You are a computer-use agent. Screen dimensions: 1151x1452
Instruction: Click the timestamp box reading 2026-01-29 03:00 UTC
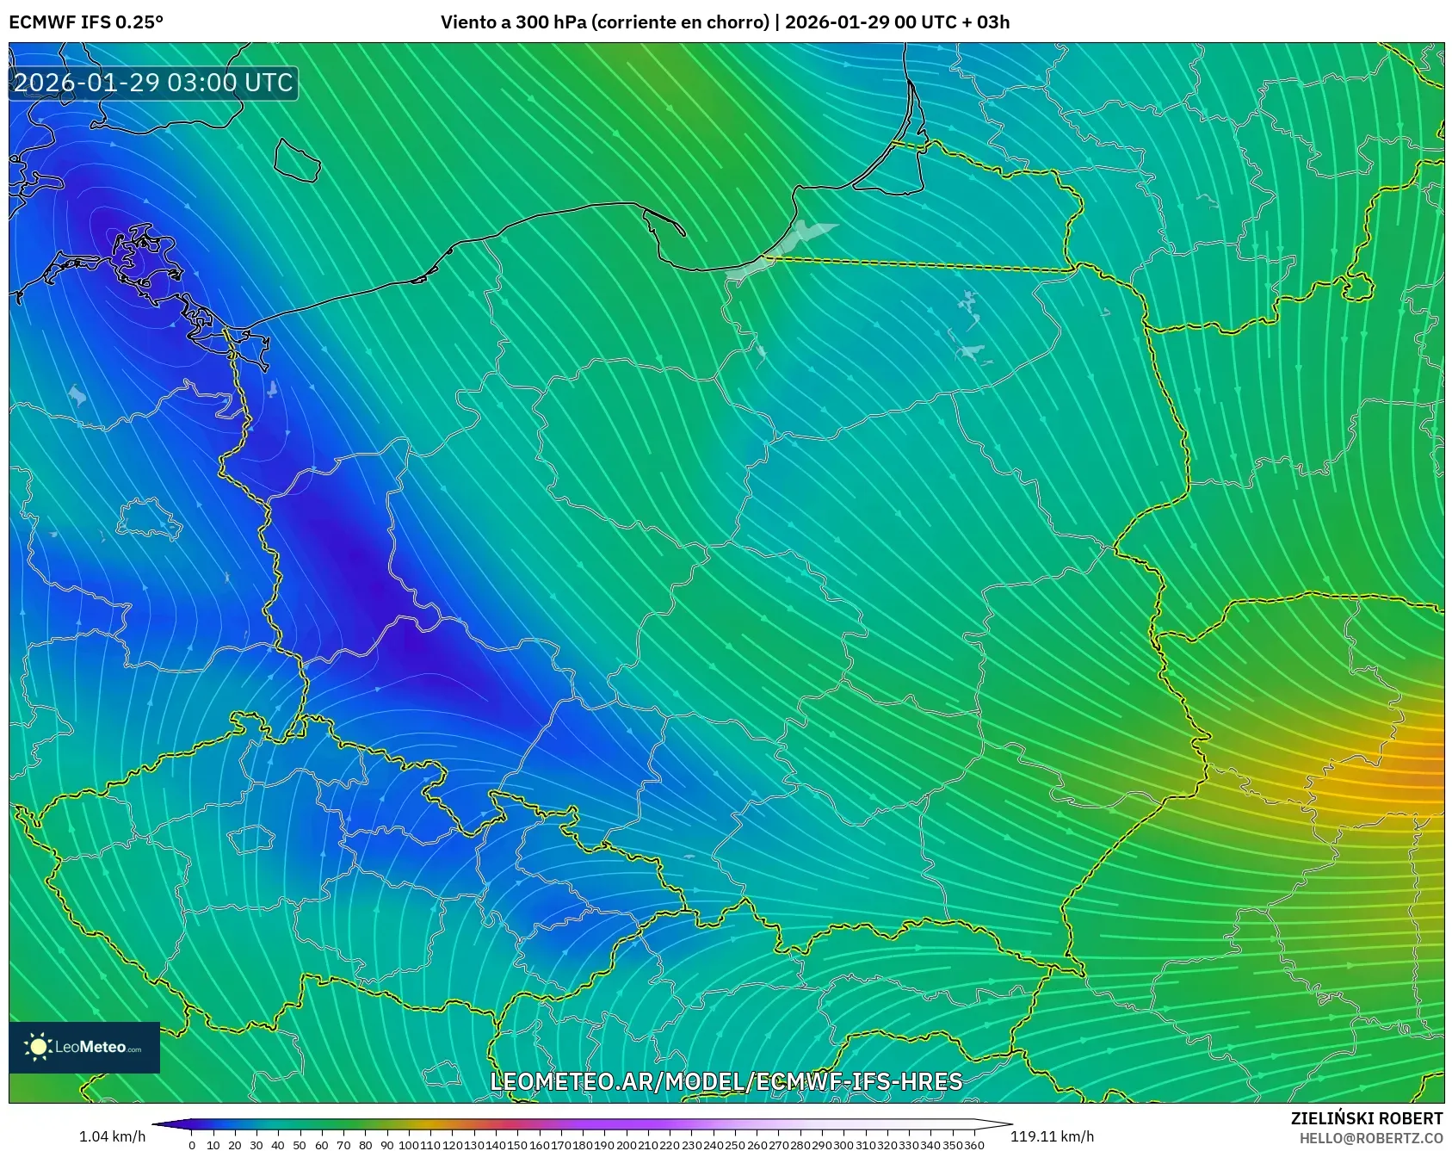[x=153, y=83]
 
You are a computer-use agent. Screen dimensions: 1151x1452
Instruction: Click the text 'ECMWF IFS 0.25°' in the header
[x=86, y=22]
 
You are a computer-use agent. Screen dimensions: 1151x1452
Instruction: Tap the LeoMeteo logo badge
[x=84, y=1047]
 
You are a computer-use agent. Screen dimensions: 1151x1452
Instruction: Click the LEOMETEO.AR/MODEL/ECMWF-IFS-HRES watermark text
[x=726, y=1081]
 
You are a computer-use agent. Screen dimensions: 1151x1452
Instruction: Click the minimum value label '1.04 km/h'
[x=112, y=1136]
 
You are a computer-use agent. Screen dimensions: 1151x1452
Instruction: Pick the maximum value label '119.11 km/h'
[x=1052, y=1136]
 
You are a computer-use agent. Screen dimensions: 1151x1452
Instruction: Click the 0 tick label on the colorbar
[x=191, y=1145]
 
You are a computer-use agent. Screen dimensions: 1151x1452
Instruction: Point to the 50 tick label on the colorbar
[x=300, y=1145]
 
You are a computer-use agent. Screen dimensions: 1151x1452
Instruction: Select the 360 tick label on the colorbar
[x=974, y=1145]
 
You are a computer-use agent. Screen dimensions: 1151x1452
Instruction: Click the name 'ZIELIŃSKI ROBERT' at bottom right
[x=1367, y=1118]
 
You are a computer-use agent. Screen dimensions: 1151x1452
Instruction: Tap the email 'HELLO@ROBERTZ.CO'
[x=1371, y=1138]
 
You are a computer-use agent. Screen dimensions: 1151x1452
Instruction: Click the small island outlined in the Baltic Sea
[x=297, y=160]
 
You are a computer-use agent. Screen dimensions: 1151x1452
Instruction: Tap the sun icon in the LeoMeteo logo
[x=39, y=1047]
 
